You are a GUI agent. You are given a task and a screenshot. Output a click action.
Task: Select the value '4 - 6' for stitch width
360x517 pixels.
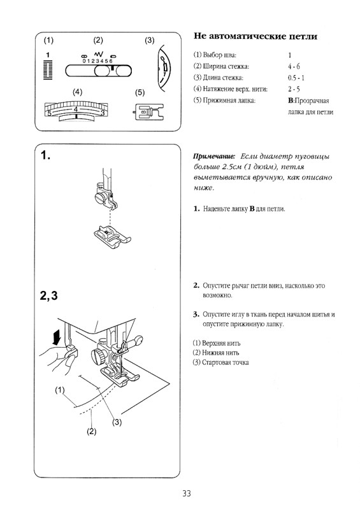pos(294,66)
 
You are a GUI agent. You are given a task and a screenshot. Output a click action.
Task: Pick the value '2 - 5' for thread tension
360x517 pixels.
pos(294,89)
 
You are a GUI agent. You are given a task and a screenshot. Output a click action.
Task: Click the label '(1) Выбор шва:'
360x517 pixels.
pos(215,55)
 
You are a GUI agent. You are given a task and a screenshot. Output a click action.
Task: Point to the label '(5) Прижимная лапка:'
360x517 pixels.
pos(224,101)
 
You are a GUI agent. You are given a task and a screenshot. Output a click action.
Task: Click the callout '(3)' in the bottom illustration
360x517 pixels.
pos(117,421)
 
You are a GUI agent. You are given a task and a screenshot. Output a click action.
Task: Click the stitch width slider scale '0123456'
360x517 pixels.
pos(99,61)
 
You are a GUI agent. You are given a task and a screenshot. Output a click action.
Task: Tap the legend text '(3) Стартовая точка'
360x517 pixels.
pos(220,363)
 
